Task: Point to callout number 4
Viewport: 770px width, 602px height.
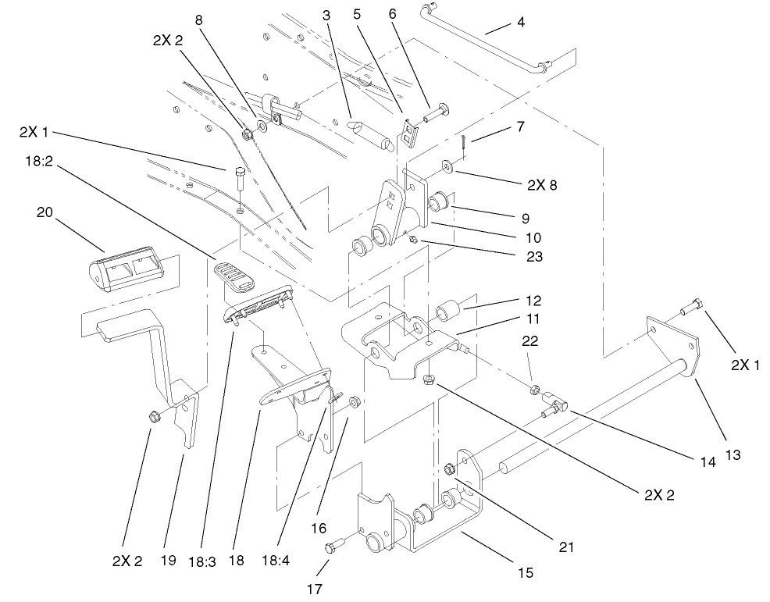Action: point(520,22)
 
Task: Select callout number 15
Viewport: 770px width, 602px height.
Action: point(525,572)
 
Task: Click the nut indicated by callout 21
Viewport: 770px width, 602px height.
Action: point(450,469)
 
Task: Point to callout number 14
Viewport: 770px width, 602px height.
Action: point(707,461)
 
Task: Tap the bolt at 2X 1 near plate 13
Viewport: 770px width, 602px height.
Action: point(689,310)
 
